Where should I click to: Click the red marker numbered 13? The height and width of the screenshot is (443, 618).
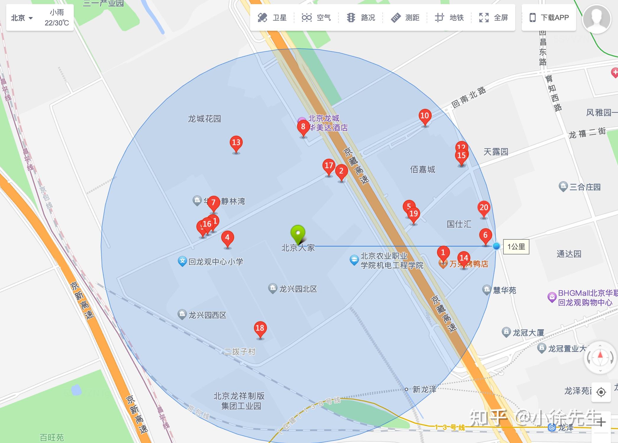pos(236,143)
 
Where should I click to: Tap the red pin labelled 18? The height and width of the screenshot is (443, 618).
pos(260,328)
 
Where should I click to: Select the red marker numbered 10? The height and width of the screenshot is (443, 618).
pos(425,116)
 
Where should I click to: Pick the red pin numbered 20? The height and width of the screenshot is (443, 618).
pos(484,208)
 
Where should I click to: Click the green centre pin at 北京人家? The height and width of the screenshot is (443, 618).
pos(298,233)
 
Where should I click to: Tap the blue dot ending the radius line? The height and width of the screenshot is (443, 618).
pos(496,246)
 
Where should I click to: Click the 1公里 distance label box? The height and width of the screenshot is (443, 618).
pos(516,246)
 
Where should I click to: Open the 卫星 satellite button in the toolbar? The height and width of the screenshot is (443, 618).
pos(272,18)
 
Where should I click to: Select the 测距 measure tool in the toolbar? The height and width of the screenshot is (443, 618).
pos(405,18)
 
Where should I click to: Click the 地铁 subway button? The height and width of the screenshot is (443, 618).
pos(449,18)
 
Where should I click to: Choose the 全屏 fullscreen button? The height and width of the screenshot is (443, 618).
pos(493,18)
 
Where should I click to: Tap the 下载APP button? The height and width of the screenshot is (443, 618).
pos(549,18)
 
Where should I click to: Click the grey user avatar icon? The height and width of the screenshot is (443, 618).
pos(596,18)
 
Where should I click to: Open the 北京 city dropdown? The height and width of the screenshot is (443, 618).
pos(22,18)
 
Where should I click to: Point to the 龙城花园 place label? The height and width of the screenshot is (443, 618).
pos(204,119)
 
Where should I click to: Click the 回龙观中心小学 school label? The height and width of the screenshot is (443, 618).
pos(216,262)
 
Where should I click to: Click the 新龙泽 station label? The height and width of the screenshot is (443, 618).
pos(424,390)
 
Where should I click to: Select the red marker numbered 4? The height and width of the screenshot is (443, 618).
pos(227,238)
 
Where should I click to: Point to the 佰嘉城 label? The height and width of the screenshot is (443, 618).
pos(423,170)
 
